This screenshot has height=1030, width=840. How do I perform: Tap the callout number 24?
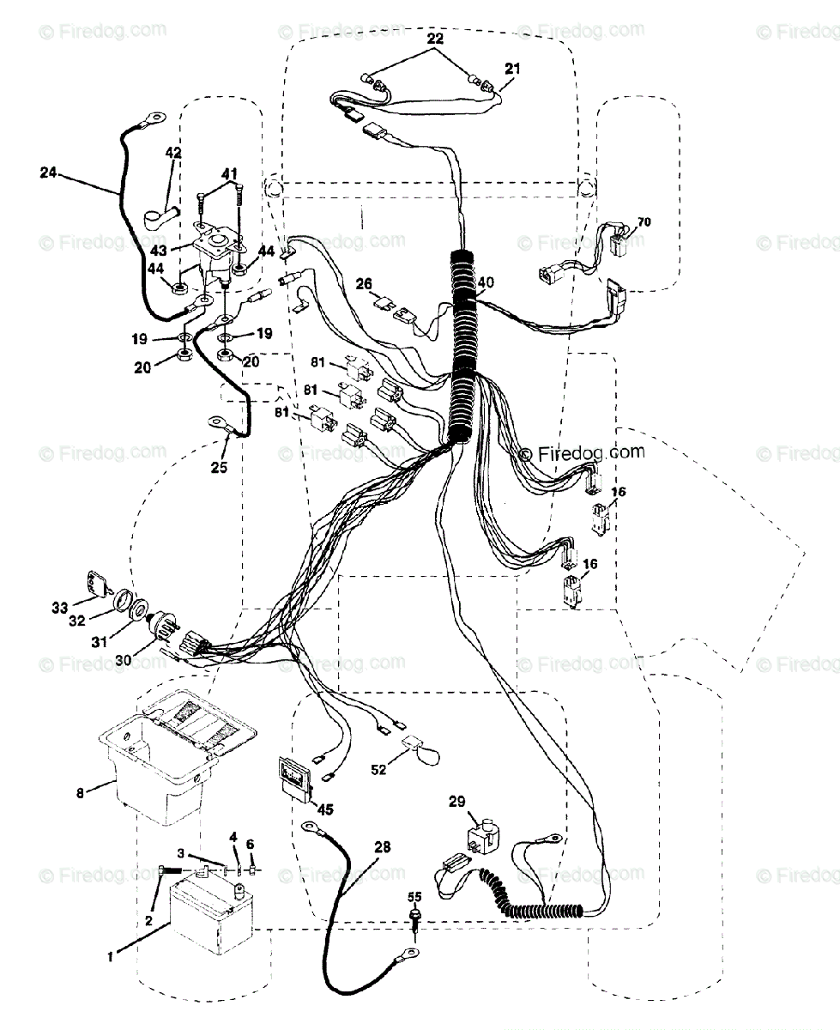point(48,172)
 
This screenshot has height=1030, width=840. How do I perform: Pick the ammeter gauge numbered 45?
point(293,778)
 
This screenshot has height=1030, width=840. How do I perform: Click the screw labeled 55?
point(415,921)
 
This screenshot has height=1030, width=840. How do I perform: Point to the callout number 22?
point(435,40)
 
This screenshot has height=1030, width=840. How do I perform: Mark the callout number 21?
point(511,68)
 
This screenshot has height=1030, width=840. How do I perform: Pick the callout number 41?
point(229,173)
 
